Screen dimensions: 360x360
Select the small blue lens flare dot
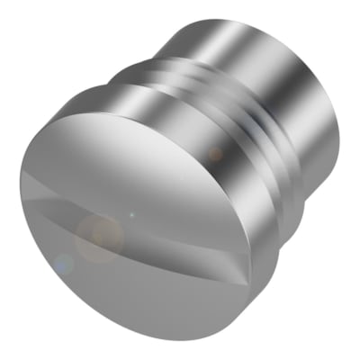62,265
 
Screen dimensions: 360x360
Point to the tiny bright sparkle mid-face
131,216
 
